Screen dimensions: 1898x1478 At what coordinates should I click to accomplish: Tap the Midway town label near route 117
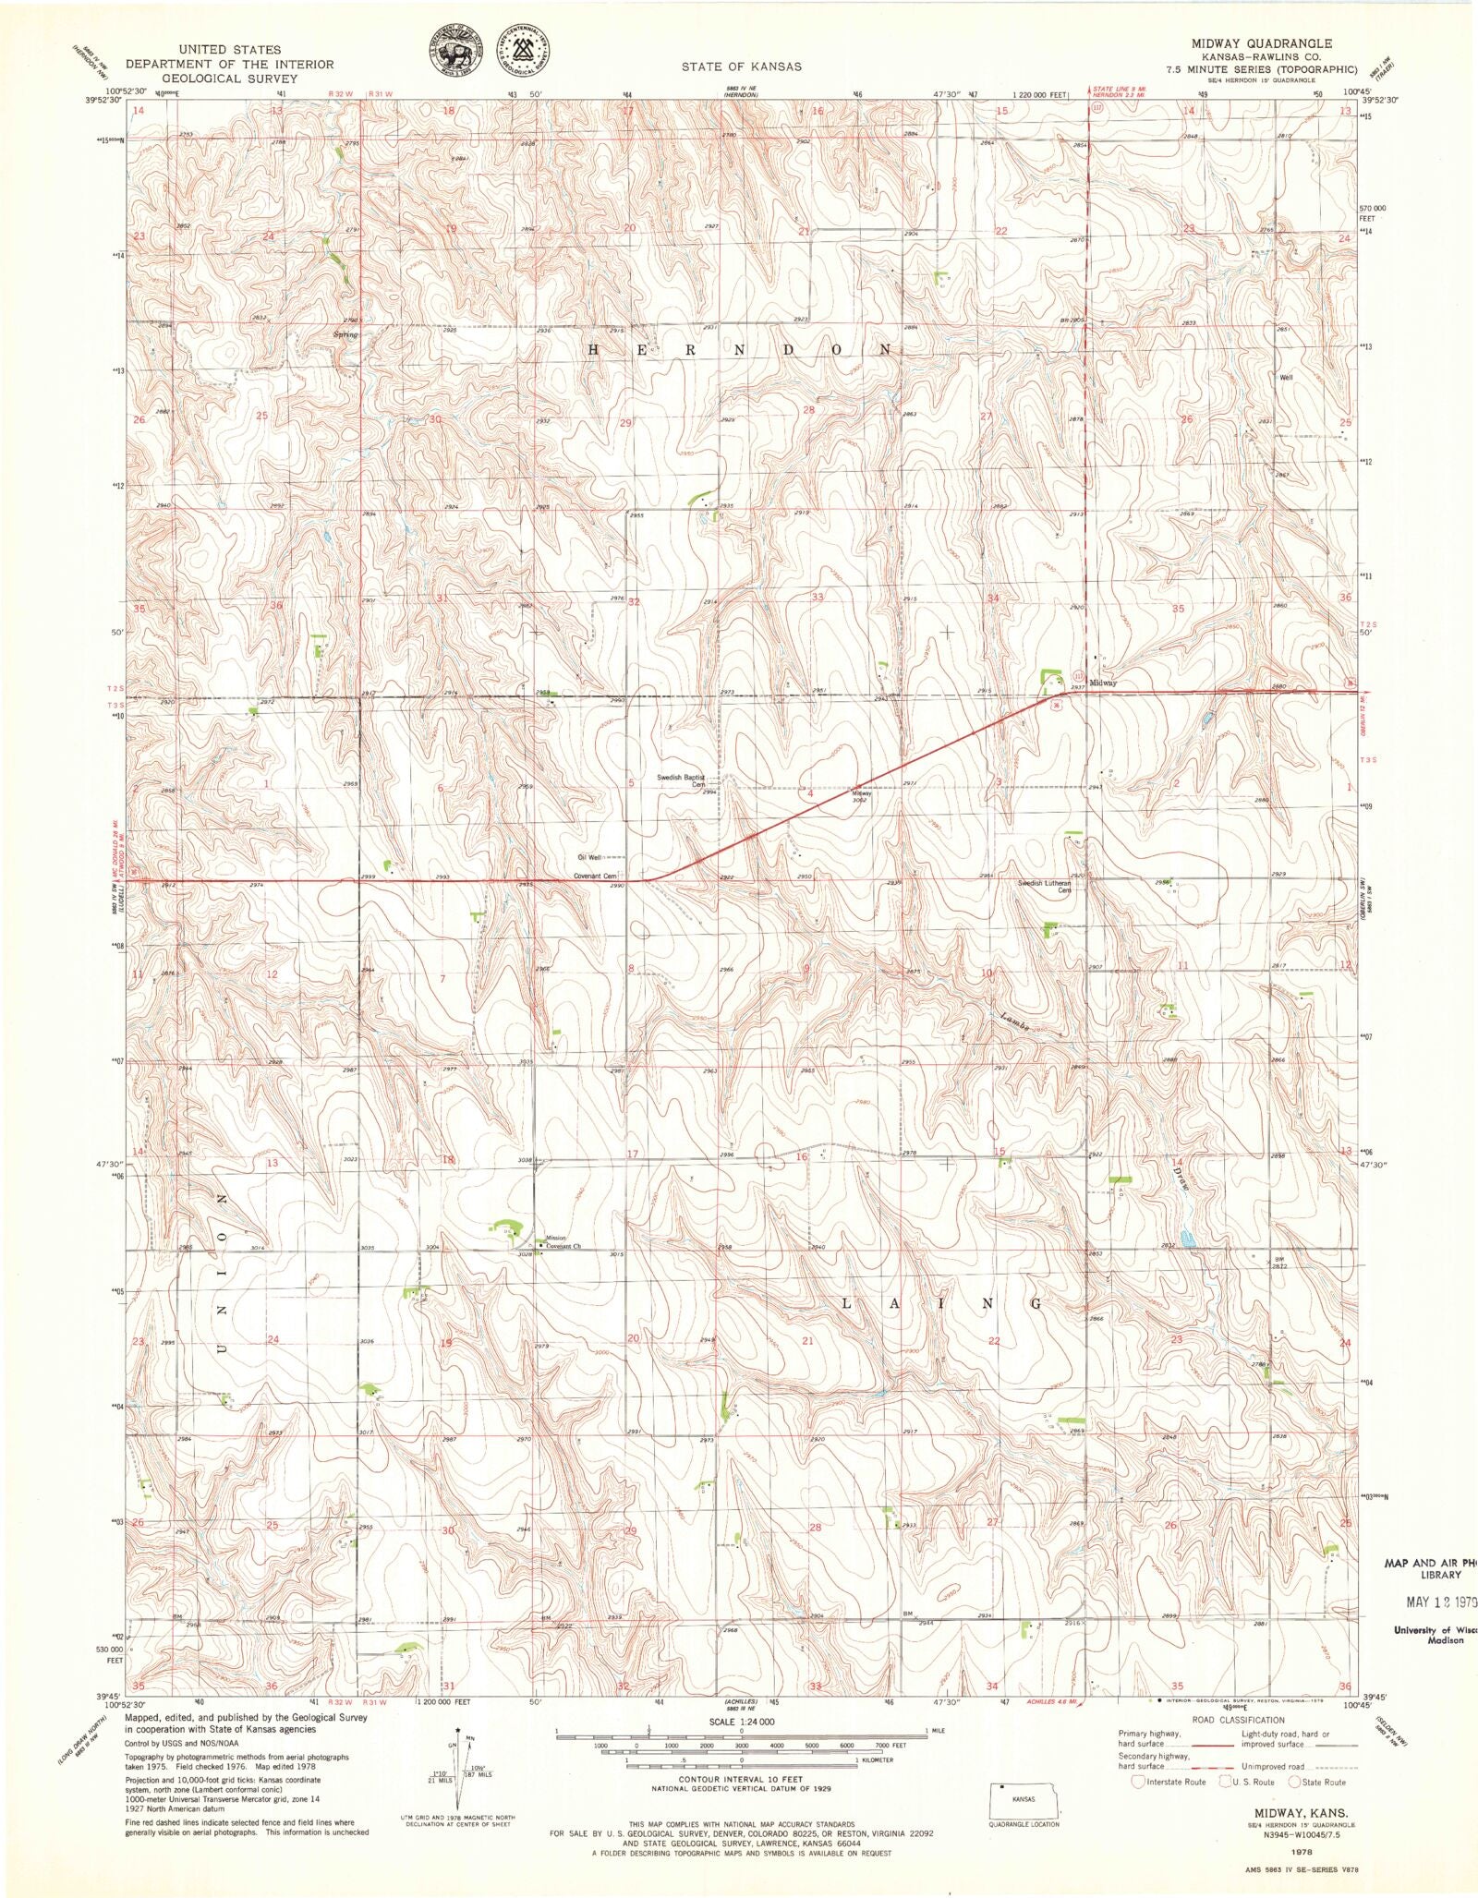click(x=1103, y=683)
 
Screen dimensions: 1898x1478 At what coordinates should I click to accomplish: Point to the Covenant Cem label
click(x=595, y=875)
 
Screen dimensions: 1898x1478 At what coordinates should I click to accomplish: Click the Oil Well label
click(x=588, y=857)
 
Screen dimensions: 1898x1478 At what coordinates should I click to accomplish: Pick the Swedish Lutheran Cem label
click(x=1044, y=887)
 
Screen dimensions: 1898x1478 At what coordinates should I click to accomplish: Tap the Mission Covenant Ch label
click(x=563, y=1242)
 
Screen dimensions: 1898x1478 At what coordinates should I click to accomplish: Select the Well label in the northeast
click(x=1286, y=377)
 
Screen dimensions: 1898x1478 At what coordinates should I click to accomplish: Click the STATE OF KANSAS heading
click(x=741, y=66)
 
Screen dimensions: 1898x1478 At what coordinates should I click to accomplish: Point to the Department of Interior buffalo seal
click(x=455, y=53)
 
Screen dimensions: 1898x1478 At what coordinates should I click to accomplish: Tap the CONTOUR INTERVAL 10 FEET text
click(x=741, y=1777)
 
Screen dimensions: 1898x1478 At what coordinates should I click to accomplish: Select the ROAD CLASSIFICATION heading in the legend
click(x=1238, y=1721)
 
